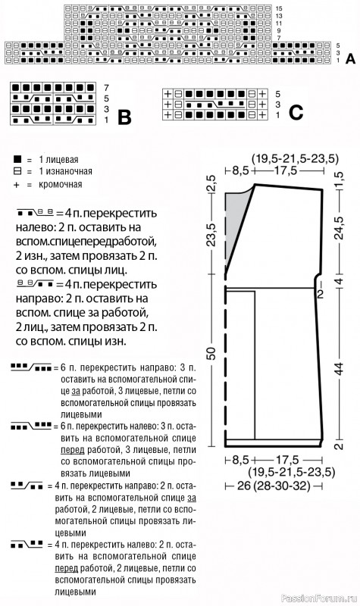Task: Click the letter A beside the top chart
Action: [x=349, y=58]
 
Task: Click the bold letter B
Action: [x=124, y=117]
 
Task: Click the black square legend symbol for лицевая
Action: [x=15, y=161]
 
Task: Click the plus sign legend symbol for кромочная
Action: [x=15, y=184]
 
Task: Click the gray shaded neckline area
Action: [x=236, y=220]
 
